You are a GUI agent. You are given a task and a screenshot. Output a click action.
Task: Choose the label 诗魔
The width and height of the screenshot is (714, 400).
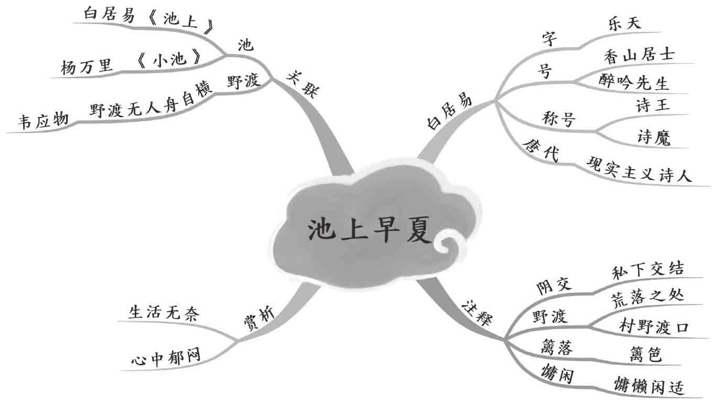[x=653, y=137]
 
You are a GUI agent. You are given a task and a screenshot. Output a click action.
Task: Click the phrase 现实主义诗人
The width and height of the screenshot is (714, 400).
[x=639, y=172]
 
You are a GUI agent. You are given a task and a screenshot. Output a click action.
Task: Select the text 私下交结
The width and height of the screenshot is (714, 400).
[x=647, y=269]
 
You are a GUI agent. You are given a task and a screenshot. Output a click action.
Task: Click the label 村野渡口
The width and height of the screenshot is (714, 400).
[x=653, y=327]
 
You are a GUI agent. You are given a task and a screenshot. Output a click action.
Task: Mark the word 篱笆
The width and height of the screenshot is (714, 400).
[x=645, y=354]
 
